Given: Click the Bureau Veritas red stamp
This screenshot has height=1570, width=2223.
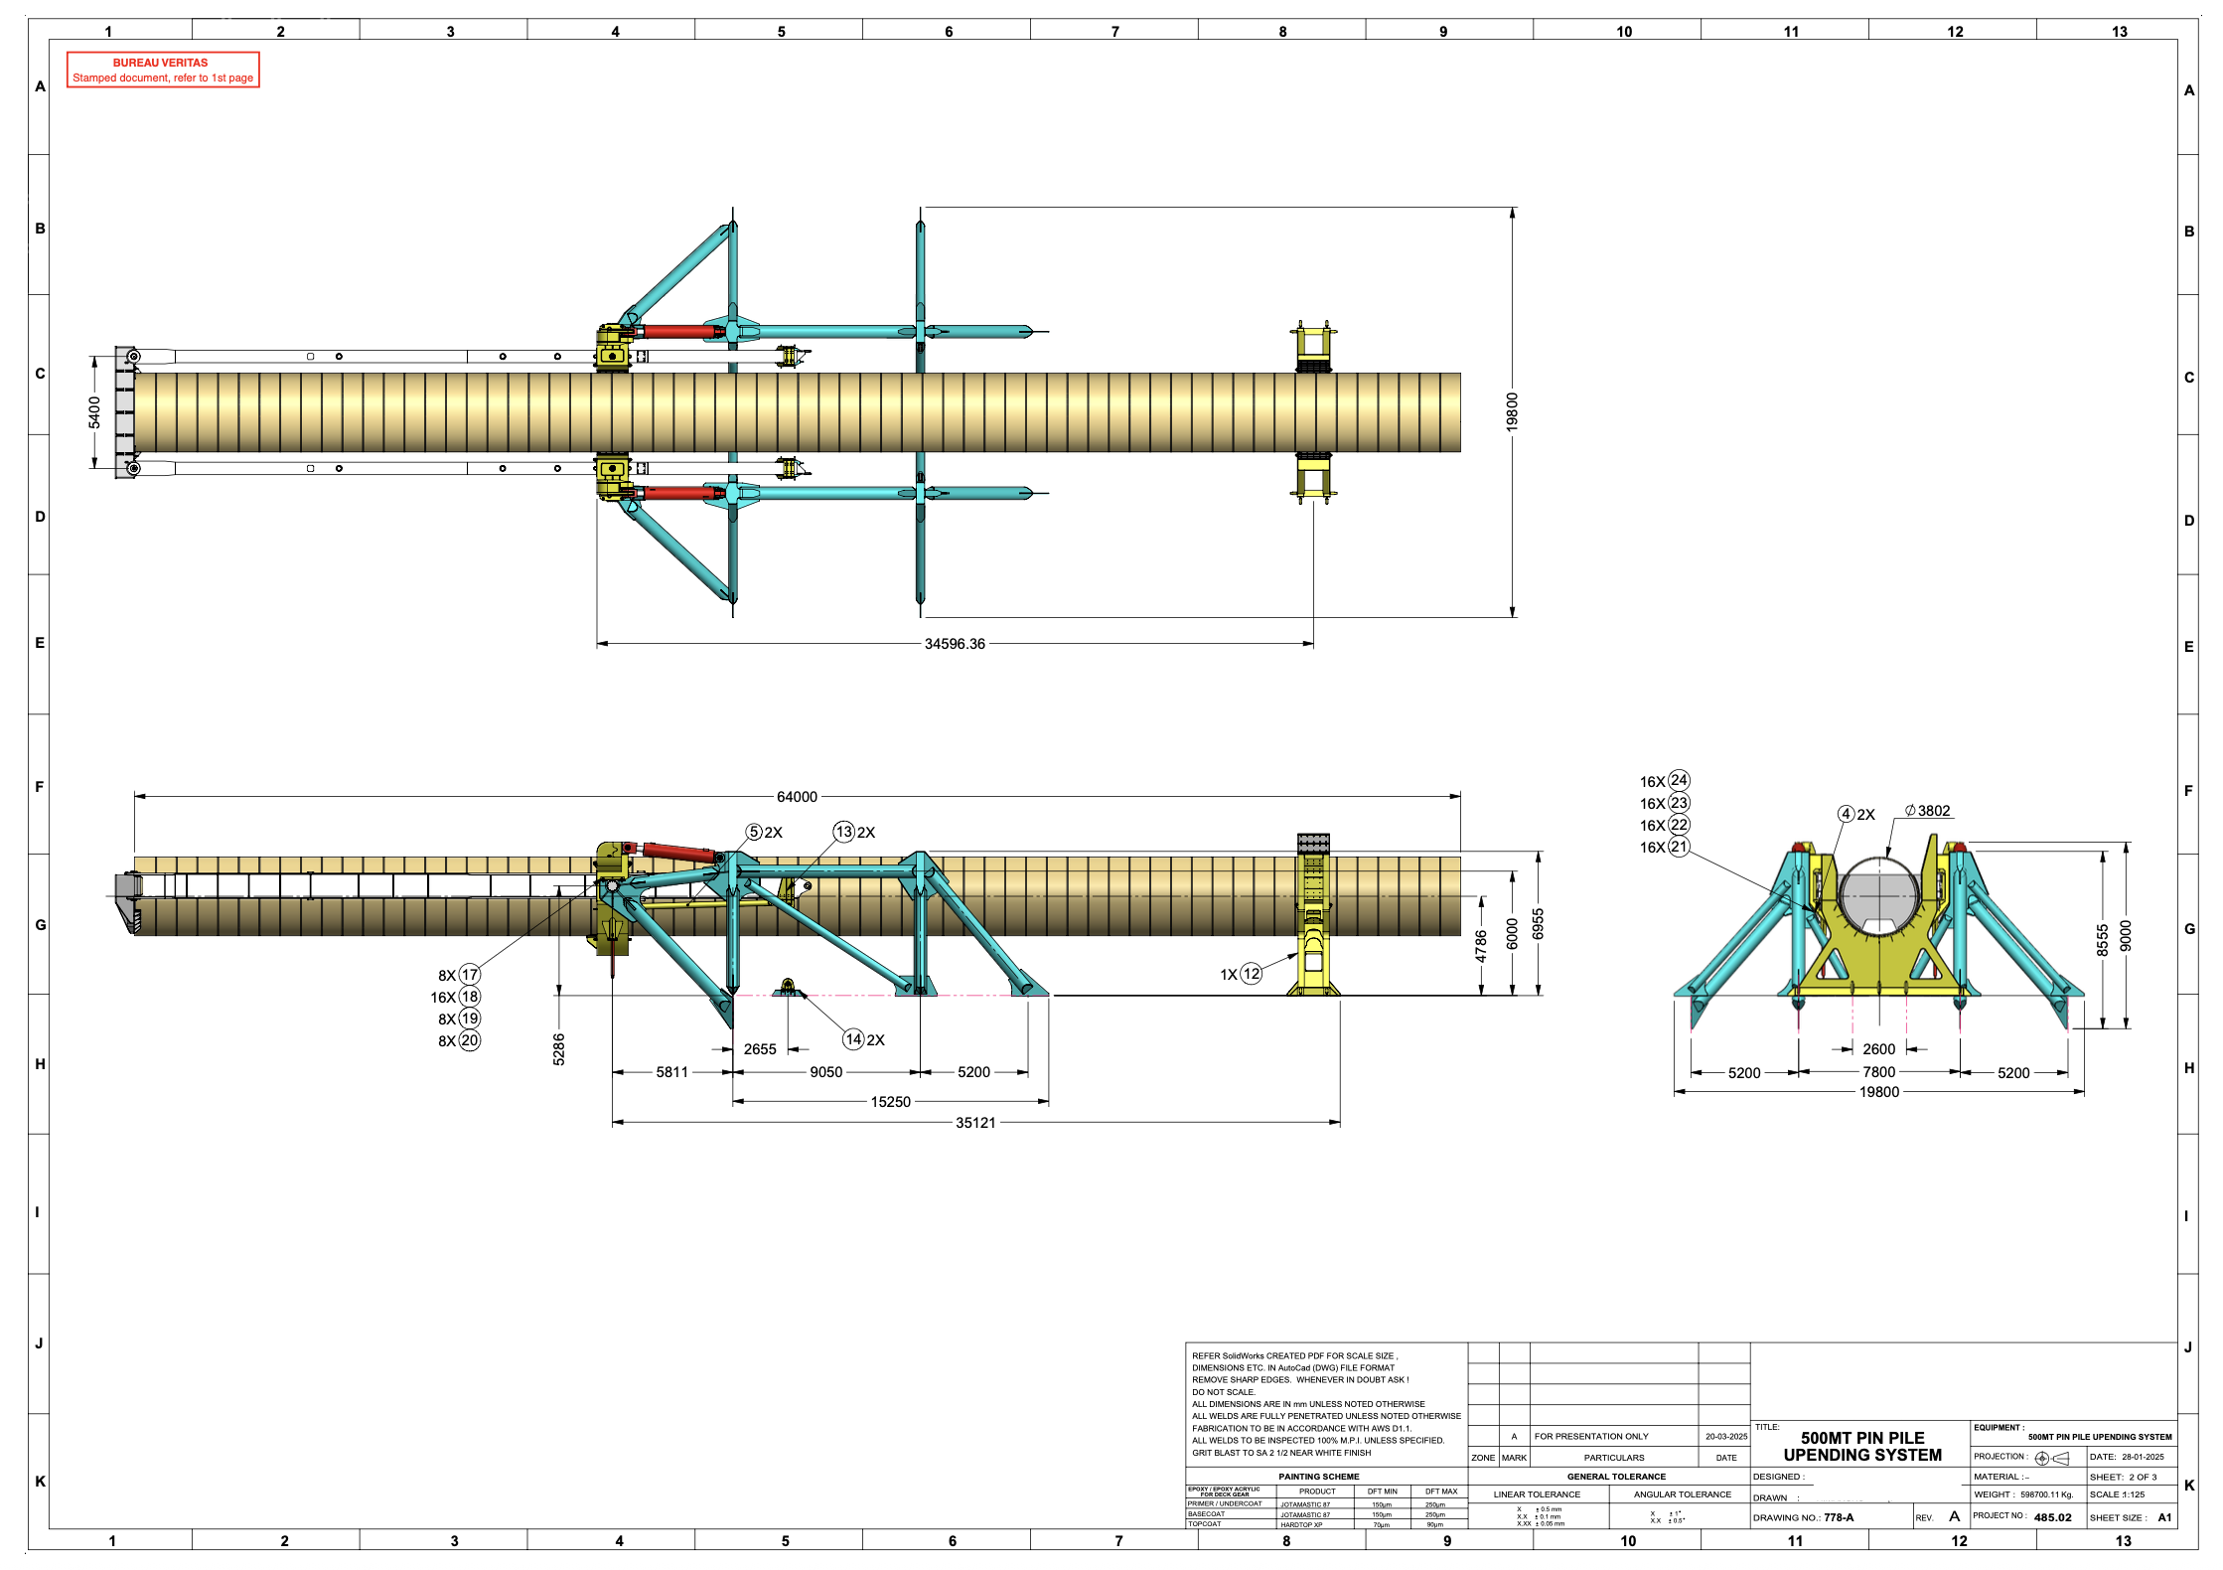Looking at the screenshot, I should point(163,70).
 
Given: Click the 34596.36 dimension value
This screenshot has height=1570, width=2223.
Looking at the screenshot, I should point(955,644).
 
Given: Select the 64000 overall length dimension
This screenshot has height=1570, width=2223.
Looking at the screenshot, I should point(797,797).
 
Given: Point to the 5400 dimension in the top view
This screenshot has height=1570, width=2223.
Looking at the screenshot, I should point(94,412).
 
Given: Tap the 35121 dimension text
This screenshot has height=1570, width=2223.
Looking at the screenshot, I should point(975,1123).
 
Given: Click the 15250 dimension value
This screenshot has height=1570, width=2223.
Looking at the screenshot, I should point(890,1102).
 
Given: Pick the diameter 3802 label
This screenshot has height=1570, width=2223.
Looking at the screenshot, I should point(1928,811).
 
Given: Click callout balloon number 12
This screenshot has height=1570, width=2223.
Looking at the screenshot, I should point(1252,974).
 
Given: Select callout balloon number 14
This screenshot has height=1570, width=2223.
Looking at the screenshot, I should point(853,1039).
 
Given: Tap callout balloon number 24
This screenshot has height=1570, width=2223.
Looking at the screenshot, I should point(1679,780).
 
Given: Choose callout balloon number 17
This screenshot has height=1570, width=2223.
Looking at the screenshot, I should point(470,975).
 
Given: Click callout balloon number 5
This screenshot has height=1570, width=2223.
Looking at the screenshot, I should point(754,832).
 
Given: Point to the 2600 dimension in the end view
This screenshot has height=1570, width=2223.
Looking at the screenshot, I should point(1878,1049).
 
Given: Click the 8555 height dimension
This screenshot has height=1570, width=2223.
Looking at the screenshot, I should point(2102,940).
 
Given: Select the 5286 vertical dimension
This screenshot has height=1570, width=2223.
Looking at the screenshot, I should point(559,1048).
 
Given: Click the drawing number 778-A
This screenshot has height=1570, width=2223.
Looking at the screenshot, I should point(1839,1517).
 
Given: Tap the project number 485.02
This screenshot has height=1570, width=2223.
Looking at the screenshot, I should point(2052,1517).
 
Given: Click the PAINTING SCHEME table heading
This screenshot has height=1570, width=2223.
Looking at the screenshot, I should point(1318,1477).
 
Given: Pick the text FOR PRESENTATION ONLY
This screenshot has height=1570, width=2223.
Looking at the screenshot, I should point(1590,1436).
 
